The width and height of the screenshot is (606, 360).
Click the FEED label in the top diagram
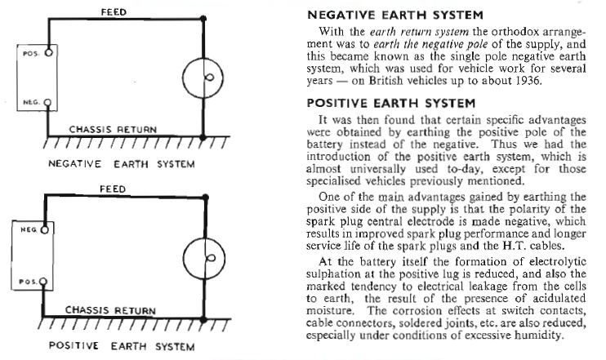point(113,12)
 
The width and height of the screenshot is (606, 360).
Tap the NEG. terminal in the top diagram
point(49,104)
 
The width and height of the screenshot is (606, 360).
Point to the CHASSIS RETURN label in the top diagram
point(109,129)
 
